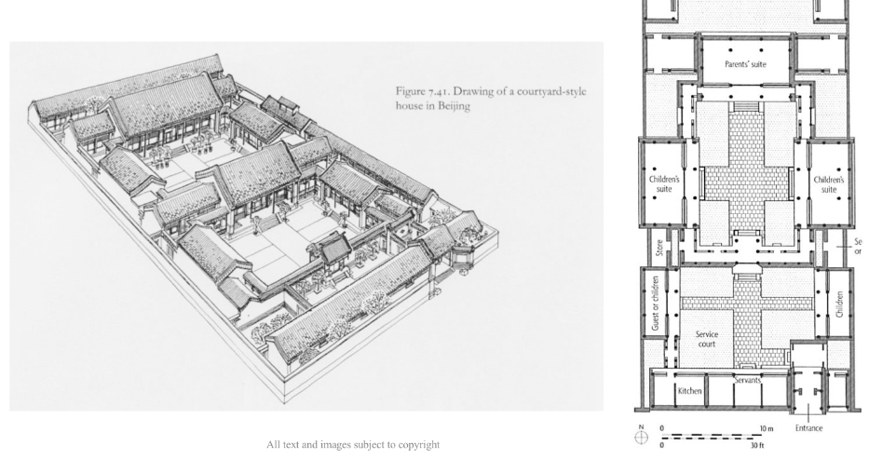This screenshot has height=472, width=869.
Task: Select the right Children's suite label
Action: click(x=828, y=183)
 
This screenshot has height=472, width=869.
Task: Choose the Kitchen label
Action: click(x=690, y=391)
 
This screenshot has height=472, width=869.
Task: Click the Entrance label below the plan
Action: click(x=809, y=428)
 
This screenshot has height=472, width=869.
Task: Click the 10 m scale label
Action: click(x=767, y=428)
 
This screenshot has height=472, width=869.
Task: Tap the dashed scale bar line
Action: click(x=708, y=436)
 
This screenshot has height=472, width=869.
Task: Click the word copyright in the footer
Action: click(x=416, y=444)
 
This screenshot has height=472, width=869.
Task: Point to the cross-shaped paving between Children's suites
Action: click(x=747, y=177)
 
